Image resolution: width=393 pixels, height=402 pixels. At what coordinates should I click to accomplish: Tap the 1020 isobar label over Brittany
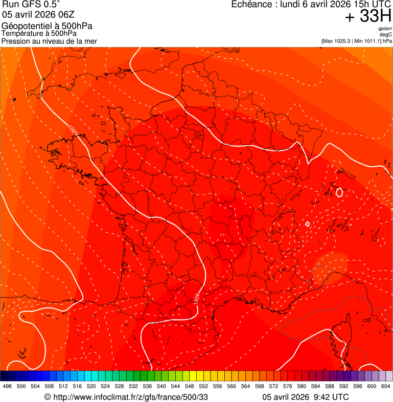tap(73, 131)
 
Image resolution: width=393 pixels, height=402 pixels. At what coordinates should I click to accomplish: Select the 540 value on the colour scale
tap(161, 386)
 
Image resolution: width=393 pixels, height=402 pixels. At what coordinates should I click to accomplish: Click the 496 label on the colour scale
tap(7, 386)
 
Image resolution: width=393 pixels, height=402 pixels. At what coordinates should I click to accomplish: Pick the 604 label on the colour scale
tap(386, 386)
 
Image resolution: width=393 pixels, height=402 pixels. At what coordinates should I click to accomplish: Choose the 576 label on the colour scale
tap(288, 386)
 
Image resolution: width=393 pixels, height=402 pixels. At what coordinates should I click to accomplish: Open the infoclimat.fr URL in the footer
tap(130, 397)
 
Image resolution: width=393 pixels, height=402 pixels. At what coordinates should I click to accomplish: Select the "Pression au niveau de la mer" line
tap(49, 41)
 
